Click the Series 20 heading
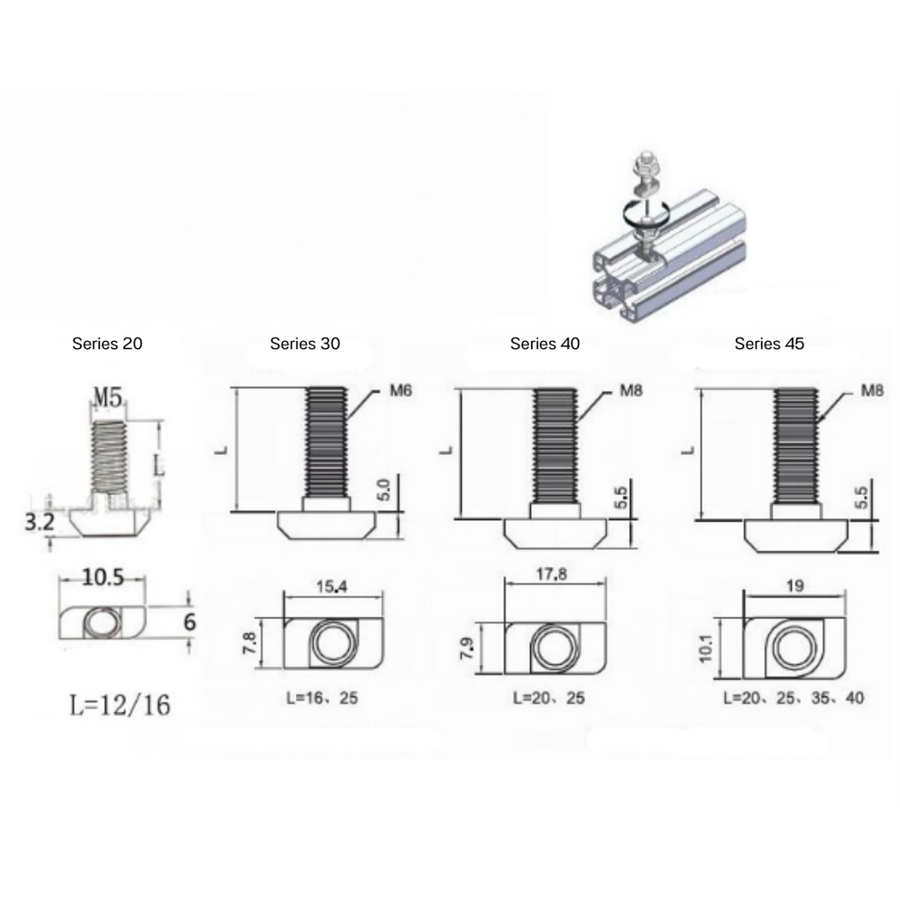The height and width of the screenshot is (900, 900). point(106,344)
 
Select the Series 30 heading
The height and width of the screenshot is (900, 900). point(305,344)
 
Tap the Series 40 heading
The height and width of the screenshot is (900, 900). point(545,344)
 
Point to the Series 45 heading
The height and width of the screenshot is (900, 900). point(769,344)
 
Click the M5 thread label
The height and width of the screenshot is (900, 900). point(108,396)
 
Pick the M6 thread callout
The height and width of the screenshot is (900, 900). point(401,391)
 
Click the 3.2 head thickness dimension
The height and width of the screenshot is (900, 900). point(39,522)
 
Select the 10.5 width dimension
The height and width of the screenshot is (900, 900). point(103,577)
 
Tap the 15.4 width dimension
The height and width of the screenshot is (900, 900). point(331,586)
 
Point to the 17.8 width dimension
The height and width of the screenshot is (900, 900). point(551,574)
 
